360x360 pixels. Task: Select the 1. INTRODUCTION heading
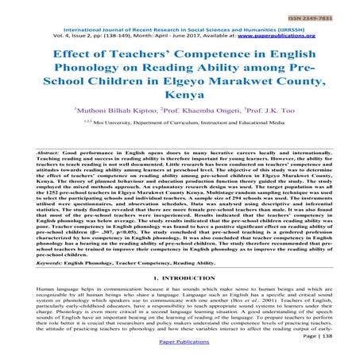pyautogui.click(x=180, y=297)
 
